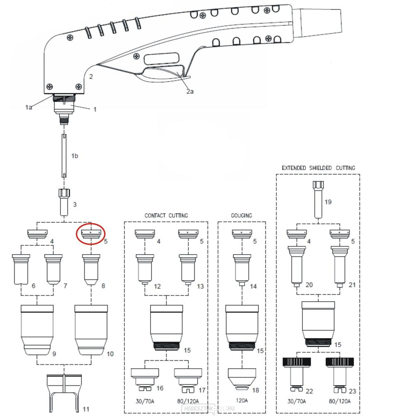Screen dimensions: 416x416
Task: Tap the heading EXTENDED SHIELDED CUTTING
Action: pos(318,168)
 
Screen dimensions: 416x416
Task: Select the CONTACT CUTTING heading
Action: pos(166,215)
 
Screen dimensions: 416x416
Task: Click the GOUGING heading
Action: pos(241,215)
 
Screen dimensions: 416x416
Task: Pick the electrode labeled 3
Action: pos(65,201)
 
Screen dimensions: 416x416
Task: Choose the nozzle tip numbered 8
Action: pos(91,269)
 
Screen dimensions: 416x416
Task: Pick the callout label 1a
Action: pos(28,107)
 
